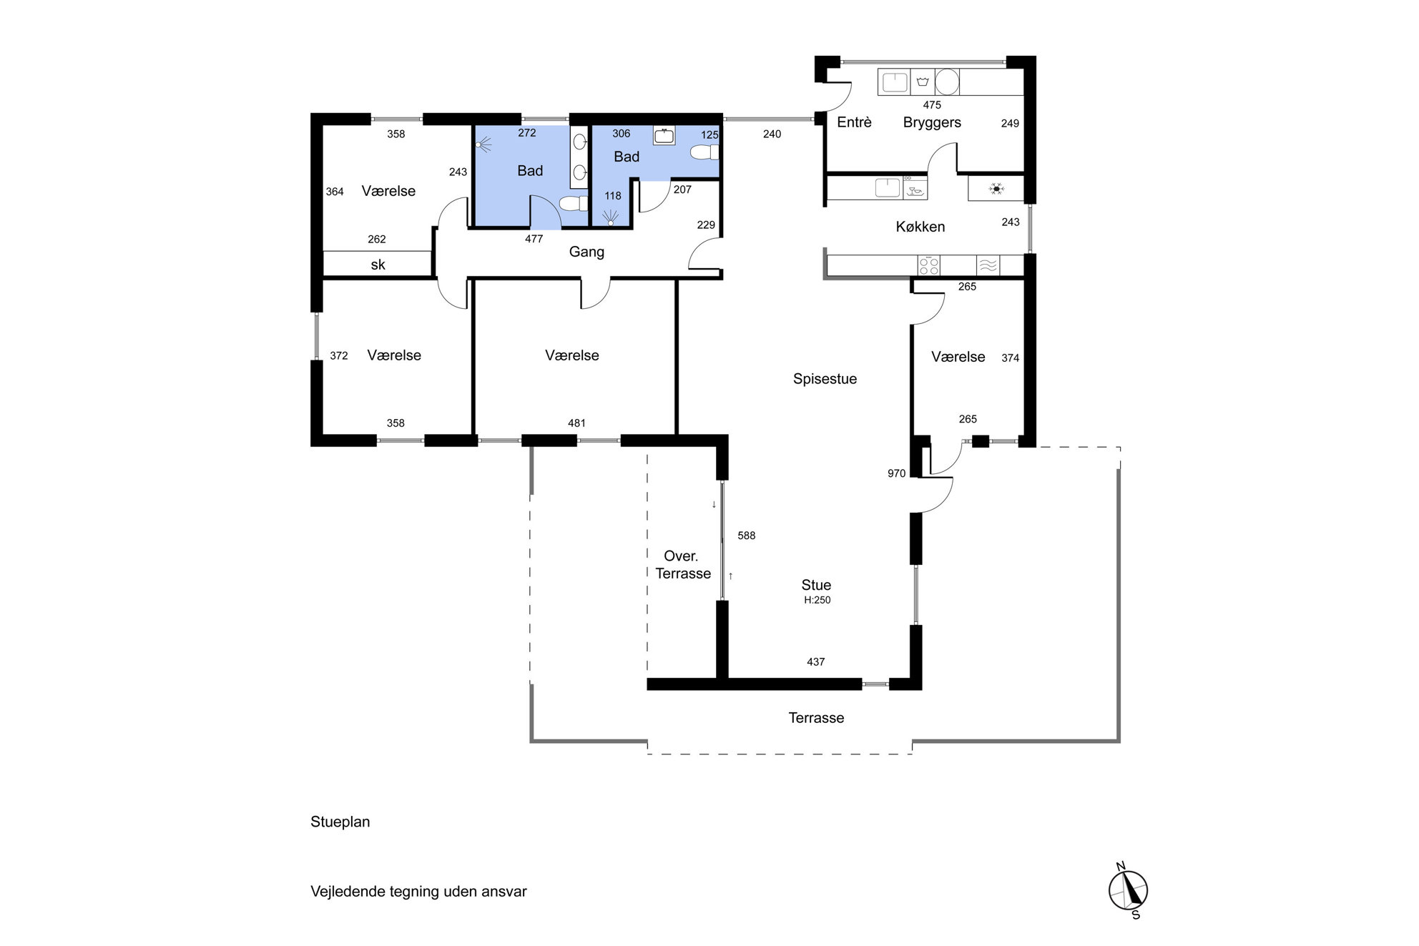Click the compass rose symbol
1128,891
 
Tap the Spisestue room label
825,379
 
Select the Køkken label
920,227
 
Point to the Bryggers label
932,122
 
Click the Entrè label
854,122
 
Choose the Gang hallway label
586,252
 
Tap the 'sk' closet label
378,265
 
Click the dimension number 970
896,473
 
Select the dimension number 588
746,536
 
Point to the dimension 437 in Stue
815,662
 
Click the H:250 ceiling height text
817,600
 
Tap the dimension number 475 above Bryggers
932,105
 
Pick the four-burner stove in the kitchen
928,266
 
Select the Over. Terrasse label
683,565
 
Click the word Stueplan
340,822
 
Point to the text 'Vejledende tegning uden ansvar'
418,892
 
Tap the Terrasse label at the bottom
816,718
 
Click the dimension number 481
576,423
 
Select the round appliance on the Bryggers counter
947,82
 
